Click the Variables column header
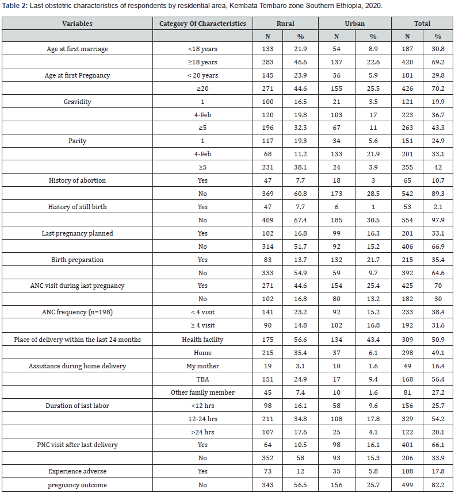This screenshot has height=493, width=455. tap(78, 24)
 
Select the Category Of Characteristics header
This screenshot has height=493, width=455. tap(202, 24)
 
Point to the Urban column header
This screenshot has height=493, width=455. tap(355, 24)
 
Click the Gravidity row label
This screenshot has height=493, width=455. tap(78, 101)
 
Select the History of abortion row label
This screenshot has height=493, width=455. tap(78, 180)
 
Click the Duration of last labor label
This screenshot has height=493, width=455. tap(78, 406)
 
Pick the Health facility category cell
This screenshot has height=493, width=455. tap(202, 340)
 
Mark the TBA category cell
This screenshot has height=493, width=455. tap(202, 379)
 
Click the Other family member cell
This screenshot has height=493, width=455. tap(202, 392)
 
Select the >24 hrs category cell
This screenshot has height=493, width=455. tap(202, 432)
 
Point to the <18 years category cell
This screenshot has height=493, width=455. tap(202, 49)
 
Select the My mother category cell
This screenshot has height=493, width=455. tap(202, 366)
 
